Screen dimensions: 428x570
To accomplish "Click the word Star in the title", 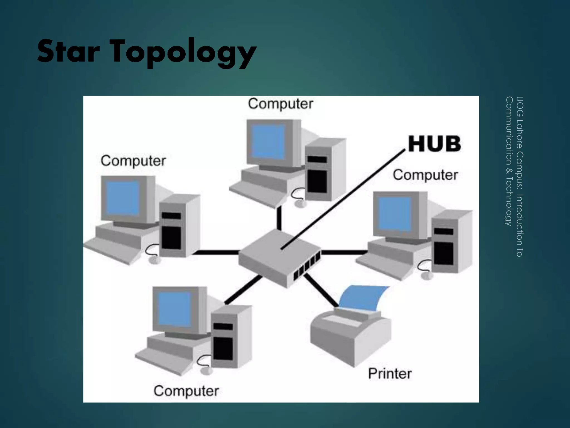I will [68, 52].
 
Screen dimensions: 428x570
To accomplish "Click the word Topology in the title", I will [184, 53].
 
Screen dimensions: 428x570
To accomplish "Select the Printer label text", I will [390, 374].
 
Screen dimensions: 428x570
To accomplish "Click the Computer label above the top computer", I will [281, 104].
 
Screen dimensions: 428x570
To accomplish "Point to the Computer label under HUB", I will [425, 175].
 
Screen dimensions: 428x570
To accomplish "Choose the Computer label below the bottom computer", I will [186, 391].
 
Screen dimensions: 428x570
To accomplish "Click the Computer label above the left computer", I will [133, 161].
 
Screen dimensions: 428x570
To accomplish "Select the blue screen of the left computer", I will [123, 198].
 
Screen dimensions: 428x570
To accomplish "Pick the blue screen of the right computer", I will [395, 213].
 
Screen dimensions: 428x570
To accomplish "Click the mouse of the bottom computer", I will [206, 371].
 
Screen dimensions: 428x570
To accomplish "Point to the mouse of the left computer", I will [155, 260].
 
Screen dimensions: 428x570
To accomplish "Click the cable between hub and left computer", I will [216, 252].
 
